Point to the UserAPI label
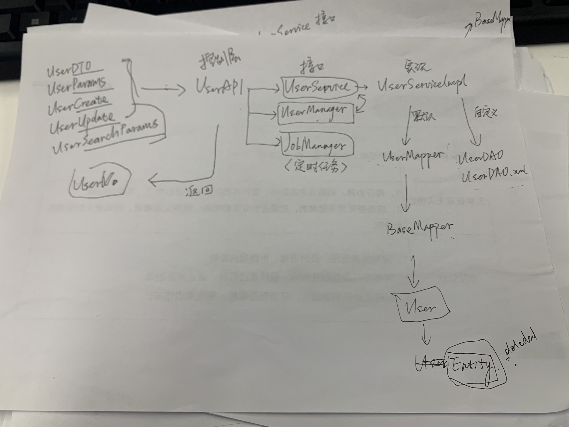(x=219, y=86)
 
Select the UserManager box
(x=315, y=113)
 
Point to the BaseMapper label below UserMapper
(x=420, y=228)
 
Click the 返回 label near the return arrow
(x=199, y=191)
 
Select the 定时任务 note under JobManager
(x=315, y=166)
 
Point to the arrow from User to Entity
(x=425, y=334)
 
